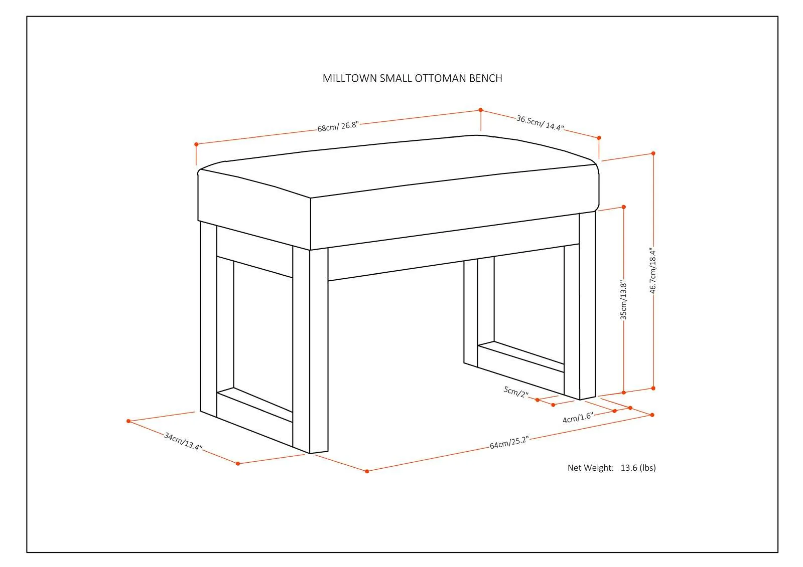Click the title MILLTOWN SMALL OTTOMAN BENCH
[412, 78]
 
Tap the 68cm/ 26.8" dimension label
[338, 126]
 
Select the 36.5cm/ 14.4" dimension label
[540, 123]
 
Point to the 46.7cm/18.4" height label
[653, 270]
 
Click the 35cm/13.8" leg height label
[623, 300]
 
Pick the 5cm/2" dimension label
[516, 392]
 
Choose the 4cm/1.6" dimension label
[578, 417]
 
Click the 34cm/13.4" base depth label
[183, 441]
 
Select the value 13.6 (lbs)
[638, 468]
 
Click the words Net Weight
[590, 468]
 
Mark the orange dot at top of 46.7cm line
[653, 153]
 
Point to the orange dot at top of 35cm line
[624, 207]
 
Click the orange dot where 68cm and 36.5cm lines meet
[481, 110]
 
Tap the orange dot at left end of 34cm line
[128, 421]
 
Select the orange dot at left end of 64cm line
[367, 471]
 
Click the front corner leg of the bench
[311, 351]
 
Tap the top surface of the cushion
[398, 165]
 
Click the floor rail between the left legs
[255, 405]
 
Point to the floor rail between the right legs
[521, 356]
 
